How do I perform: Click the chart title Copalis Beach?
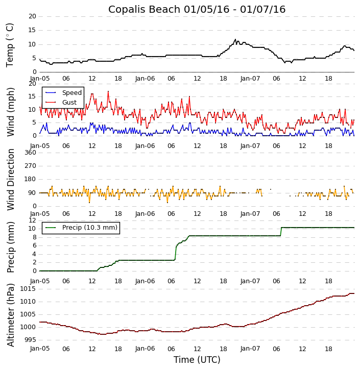point(197,9)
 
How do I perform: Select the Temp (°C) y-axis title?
point(10,44)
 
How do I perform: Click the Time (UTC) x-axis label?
point(197,360)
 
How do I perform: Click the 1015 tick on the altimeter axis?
point(28,289)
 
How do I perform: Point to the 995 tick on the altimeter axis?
point(30,340)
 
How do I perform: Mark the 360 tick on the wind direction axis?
point(30,153)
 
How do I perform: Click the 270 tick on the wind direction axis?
point(30,166)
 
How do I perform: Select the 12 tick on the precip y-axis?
point(32,220)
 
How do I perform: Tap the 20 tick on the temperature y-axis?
point(32,16)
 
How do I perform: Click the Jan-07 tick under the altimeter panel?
point(250,349)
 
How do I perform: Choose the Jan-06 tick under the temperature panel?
point(145,79)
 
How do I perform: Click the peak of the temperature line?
point(235,39)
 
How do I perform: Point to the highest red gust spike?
point(108,91)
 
